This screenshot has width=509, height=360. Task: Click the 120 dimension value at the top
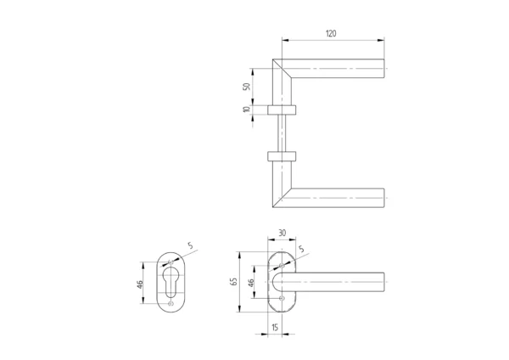[x=331, y=33]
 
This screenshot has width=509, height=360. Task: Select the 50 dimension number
[x=247, y=87]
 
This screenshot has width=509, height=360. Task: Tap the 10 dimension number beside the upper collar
[x=247, y=110]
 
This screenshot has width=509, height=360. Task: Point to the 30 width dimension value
[x=282, y=233]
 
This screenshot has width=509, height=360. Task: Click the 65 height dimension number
[x=234, y=281]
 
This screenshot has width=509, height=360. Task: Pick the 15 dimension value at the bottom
[x=275, y=327]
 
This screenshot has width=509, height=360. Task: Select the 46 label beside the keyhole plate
[x=140, y=284]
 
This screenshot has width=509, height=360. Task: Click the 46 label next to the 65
[x=251, y=283]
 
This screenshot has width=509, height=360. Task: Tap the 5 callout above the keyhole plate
[x=190, y=245]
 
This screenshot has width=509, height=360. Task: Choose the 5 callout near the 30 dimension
[x=301, y=250]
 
